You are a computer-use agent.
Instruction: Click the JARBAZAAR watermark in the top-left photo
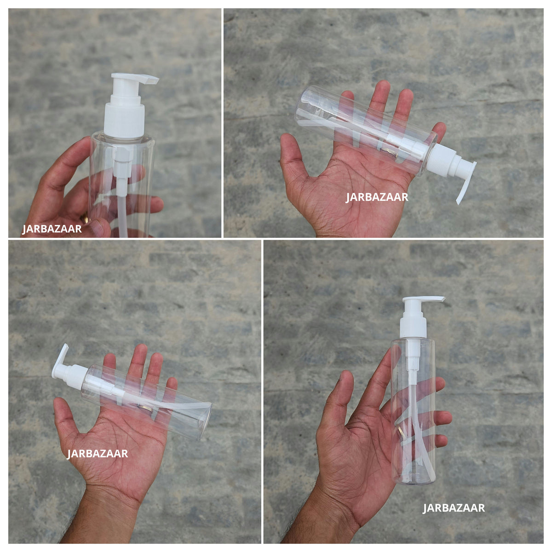click(52, 229)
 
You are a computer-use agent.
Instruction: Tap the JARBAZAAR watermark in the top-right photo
click(377, 197)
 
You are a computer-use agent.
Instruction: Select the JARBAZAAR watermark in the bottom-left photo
click(98, 454)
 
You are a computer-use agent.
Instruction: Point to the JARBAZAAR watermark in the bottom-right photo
click(454, 508)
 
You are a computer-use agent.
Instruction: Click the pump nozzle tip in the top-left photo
click(152, 80)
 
